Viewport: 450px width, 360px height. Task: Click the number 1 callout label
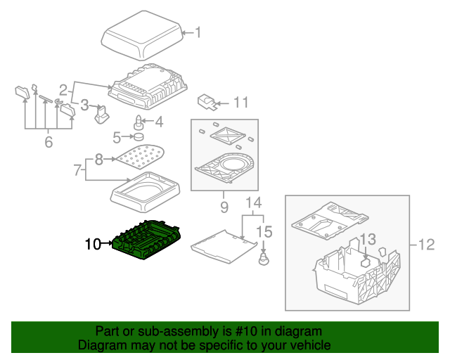pos(198,32)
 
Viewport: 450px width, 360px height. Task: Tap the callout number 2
pos(63,90)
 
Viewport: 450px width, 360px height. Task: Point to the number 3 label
pos(84,105)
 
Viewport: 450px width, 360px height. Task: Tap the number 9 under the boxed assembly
pos(224,207)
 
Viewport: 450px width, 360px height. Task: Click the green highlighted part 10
pos(148,240)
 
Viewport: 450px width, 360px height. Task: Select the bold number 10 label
pos(93,245)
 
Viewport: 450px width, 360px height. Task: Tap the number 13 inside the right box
pos(368,240)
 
